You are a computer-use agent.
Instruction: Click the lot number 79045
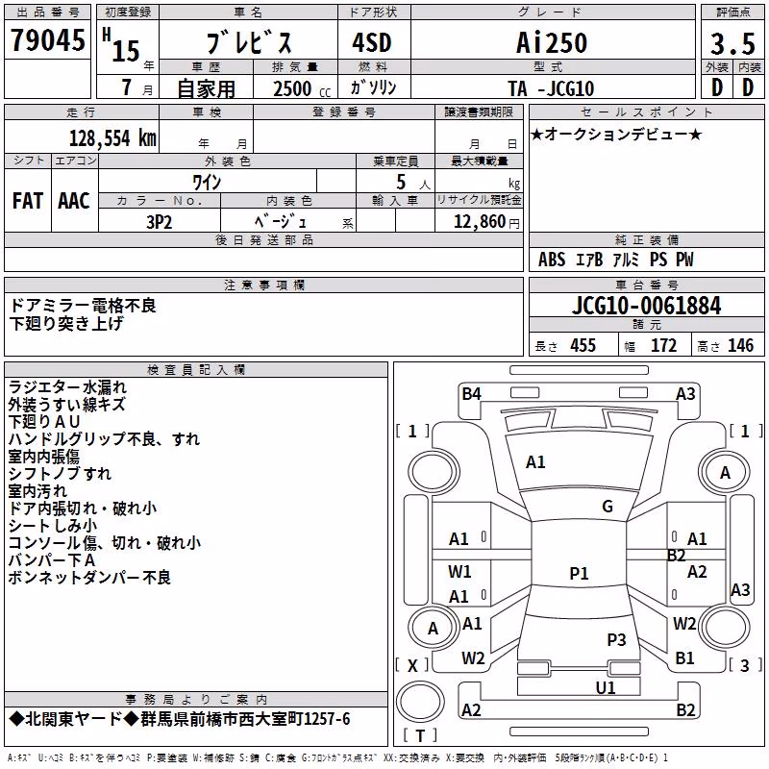(47, 39)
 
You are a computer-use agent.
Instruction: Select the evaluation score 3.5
(732, 43)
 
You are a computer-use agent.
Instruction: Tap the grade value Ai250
(552, 42)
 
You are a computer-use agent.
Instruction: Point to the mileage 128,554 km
(112, 138)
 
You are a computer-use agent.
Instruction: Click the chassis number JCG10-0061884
(646, 306)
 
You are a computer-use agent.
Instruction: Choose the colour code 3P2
(160, 222)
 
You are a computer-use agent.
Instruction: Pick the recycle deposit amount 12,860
(480, 222)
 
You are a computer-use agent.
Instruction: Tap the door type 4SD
(372, 43)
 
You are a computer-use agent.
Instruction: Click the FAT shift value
(28, 201)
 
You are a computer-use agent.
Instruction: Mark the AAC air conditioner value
(74, 201)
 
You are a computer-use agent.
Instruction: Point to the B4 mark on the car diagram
(471, 394)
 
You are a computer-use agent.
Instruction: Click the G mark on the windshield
(608, 507)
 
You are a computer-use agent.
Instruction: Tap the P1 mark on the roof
(579, 573)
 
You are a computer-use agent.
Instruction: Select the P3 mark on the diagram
(616, 640)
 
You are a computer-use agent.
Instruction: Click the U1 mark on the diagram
(606, 688)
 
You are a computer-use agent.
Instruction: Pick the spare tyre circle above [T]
(420, 701)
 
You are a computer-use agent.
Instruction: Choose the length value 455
(583, 346)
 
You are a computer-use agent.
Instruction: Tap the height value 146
(740, 346)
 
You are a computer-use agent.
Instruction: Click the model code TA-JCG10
(551, 88)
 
